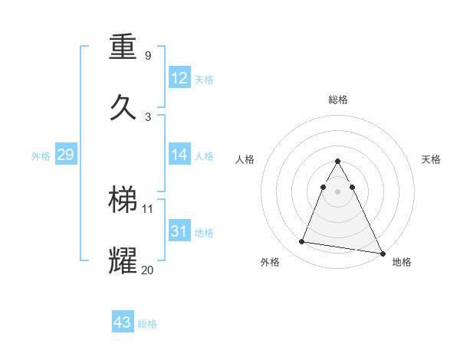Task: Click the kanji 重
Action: pyautogui.click(x=123, y=47)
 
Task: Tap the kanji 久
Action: pyautogui.click(x=123, y=106)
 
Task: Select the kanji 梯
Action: pyautogui.click(x=123, y=200)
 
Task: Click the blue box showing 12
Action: pyautogui.click(x=179, y=78)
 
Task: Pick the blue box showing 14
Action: pyautogui.click(x=179, y=155)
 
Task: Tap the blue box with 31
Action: pyautogui.click(x=179, y=231)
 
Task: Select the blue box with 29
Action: pyautogui.click(x=65, y=155)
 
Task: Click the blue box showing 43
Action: pyautogui.click(x=123, y=322)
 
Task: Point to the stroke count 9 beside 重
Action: pyautogui.click(x=148, y=56)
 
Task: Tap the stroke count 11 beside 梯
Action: pyautogui.click(x=148, y=208)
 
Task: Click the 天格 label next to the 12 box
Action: pyautogui.click(x=204, y=79)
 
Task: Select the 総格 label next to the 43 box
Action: pyautogui.click(x=147, y=324)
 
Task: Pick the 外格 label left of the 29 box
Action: pyautogui.click(x=41, y=156)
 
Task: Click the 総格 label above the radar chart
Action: pyautogui.click(x=338, y=100)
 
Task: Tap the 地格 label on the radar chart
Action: pyautogui.click(x=402, y=262)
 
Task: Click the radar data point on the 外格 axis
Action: pyautogui.click(x=301, y=242)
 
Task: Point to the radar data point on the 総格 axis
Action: pyautogui.click(x=338, y=162)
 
